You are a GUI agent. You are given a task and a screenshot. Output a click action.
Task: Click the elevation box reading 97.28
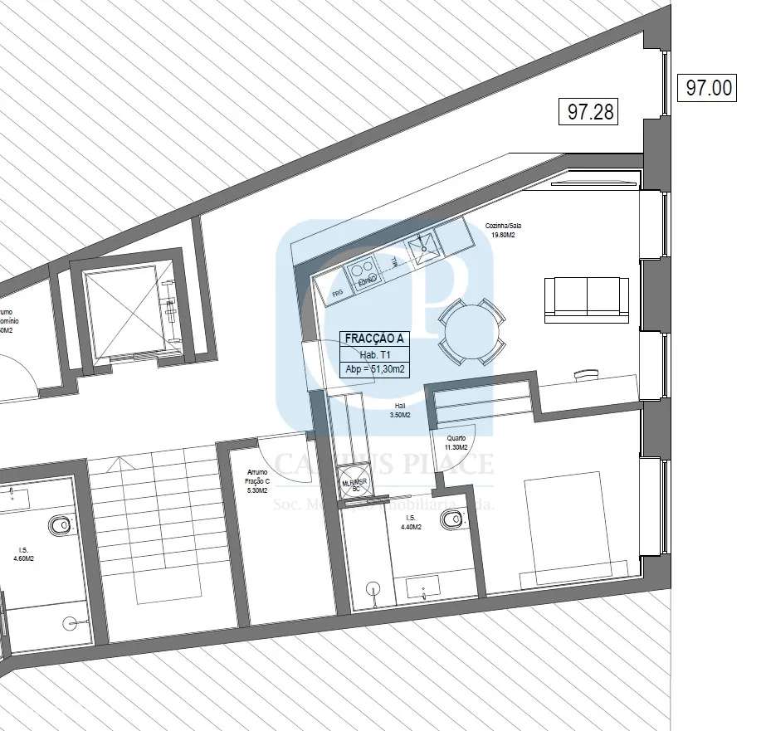(591, 111)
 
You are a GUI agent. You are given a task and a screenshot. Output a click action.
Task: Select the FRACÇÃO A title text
(375, 339)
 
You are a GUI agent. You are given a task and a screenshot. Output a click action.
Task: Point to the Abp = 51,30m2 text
(375, 370)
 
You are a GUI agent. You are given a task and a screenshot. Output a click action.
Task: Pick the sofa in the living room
(587, 300)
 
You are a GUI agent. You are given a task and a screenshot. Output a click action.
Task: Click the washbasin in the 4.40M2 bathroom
(426, 589)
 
